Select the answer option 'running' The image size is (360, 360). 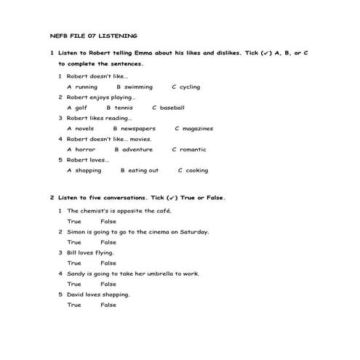(x=86, y=87)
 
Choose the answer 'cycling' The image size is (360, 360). (x=190, y=87)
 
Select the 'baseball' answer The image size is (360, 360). (x=172, y=108)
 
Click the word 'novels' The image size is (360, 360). (x=84, y=129)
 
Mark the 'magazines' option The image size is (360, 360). (x=198, y=129)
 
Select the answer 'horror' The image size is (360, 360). (x=85, y=150)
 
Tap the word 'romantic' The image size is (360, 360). (x=193, y=150)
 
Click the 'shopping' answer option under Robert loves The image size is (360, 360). (x=88, y=171)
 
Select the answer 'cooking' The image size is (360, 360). (x=196, y=171)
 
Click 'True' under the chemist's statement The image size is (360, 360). (x=74, y=221)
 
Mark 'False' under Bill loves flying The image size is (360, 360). (x=108, y=263)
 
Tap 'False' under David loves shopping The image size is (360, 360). (x=108, y=305)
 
